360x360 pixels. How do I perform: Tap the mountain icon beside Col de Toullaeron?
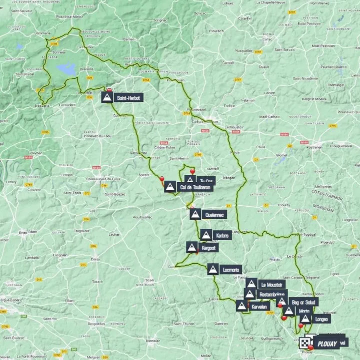click(x=170, y=188)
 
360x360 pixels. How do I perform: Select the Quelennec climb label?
click(x=215, y=215)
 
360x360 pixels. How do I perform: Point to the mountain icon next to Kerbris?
click(x=206, y=235)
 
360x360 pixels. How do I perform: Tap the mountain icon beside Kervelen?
click(x=242, y=306)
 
